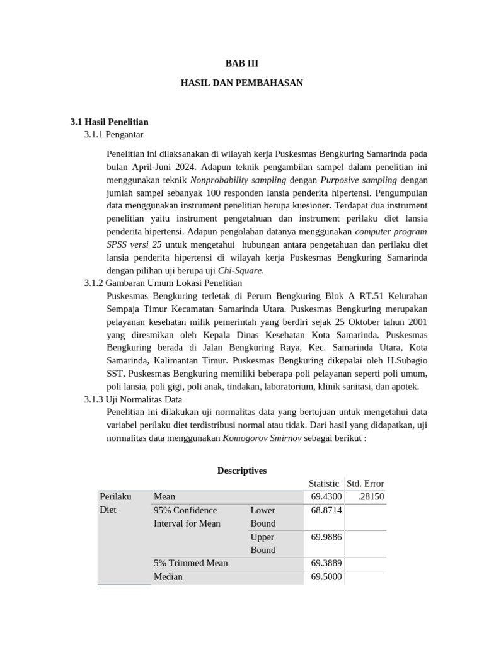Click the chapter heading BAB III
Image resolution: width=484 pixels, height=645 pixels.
[242, 64]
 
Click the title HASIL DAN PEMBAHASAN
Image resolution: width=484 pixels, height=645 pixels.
[242, 83]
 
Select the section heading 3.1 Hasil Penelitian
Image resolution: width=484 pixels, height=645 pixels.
[110, 122]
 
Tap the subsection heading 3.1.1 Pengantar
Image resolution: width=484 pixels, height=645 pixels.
[113, 135]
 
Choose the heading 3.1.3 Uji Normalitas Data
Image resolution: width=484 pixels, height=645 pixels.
[133, 399]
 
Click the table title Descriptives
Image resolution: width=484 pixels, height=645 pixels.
[242, 471]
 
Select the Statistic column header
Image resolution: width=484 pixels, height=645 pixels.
[324, 484]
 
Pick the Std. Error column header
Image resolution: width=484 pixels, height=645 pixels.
[365, 484]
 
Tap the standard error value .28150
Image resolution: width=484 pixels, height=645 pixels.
[371, 497]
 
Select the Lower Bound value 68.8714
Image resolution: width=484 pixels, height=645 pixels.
[326, 510]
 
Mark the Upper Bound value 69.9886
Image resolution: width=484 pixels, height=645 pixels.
[326, 537]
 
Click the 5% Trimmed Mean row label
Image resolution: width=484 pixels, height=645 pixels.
[190, 563]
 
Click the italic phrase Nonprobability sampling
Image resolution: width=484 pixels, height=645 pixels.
[238, 180]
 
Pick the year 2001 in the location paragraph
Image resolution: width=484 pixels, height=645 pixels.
[416, 322]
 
